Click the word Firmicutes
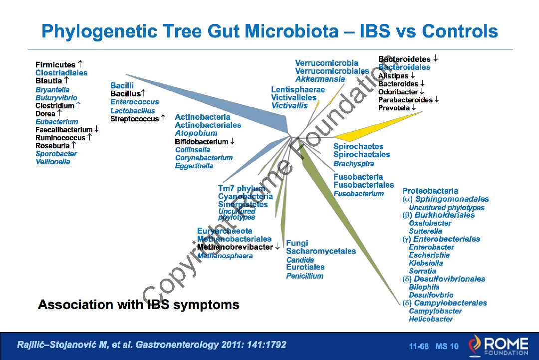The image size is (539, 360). [x=55, y=65]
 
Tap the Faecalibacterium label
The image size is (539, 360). [x=64, y=130]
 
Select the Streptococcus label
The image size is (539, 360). [x=134, y=119]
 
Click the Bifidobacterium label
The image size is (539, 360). [x=201, y=142]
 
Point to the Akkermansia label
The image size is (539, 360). [x=320, y=79]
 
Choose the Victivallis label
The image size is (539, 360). [x=289, y=105]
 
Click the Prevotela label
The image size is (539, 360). [x=394, y=108]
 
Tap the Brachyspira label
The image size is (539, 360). [x=354, y=163]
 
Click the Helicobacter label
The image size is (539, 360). [x=431, y=319]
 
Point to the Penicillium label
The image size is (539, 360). [x=304, y=276]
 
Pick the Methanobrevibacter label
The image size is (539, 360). [x=235, y=247]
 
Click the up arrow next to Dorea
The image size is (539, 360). [x=59, y=113]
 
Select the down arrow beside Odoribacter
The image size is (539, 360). [x=422, y=92]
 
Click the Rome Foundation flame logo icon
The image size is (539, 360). [x=476, y=344]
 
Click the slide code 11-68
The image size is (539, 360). [x=419, y=346]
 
